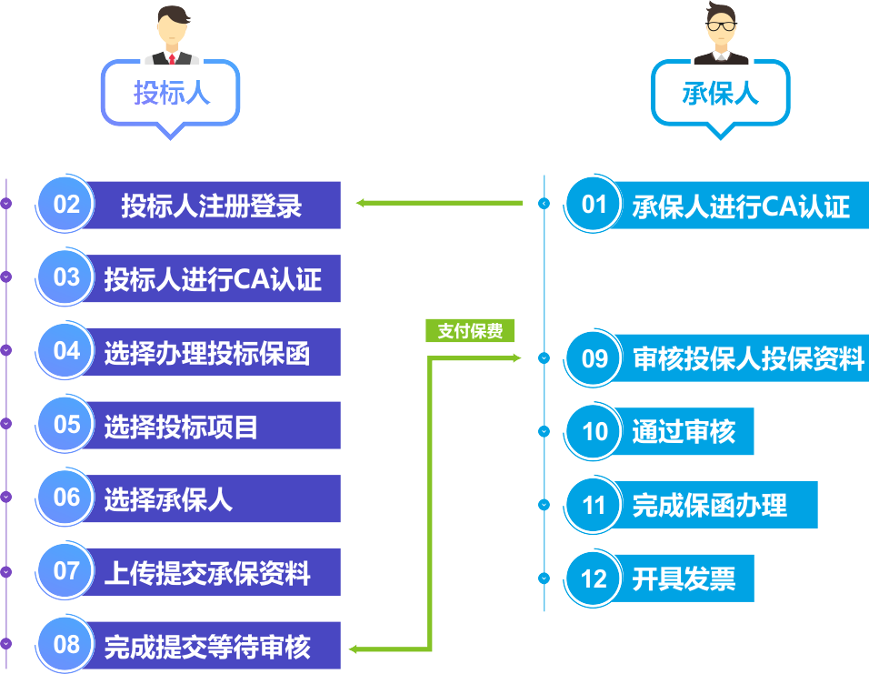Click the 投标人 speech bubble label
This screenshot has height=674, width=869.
tap(171, 92)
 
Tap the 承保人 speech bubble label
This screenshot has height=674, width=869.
tap(720, 93)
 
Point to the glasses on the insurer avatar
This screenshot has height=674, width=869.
tap(721, 25)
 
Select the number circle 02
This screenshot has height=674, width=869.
tap(65, 204)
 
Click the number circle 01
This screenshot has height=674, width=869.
tap(594, 204)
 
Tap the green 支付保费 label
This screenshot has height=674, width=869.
tap(470, 330)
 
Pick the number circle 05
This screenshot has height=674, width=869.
tap(65, 425)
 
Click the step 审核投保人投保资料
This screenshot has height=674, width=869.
tap(742, 357)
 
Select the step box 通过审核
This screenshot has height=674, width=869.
tap(683, 431)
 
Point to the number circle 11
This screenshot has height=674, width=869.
tap(594, 505)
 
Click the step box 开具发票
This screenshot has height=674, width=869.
tap(683, 578)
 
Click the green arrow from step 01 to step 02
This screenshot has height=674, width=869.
tap(439, 203)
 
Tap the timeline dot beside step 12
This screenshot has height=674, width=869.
tap(544, 578)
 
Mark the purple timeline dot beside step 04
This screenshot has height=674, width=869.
tap(6, 350)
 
